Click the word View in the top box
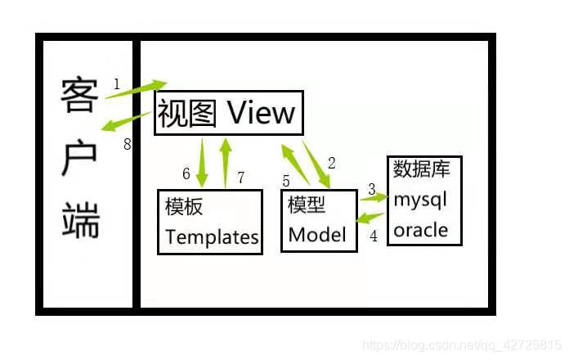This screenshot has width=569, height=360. click(x=260, y=112)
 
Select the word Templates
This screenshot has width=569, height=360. click(x=212, y=237)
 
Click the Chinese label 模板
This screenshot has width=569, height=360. click(x=184, y=207)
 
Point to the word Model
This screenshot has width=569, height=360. click(x=317, y=236)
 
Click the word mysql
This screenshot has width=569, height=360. click(x=420, y=200)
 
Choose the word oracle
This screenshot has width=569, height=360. click(x=420, y=230)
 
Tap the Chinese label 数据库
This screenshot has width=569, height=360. click(x=422, y=169)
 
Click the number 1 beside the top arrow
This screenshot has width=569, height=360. click(x=117, y=83)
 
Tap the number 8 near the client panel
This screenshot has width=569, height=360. click(x=127, y=145)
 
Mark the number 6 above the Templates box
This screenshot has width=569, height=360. click(x=186, y=173)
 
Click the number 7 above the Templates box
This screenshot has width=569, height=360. click(x=240, y=177)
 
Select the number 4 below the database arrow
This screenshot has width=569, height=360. click(x=374, y=236)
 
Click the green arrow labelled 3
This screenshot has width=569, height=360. click(x=374, y=197)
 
